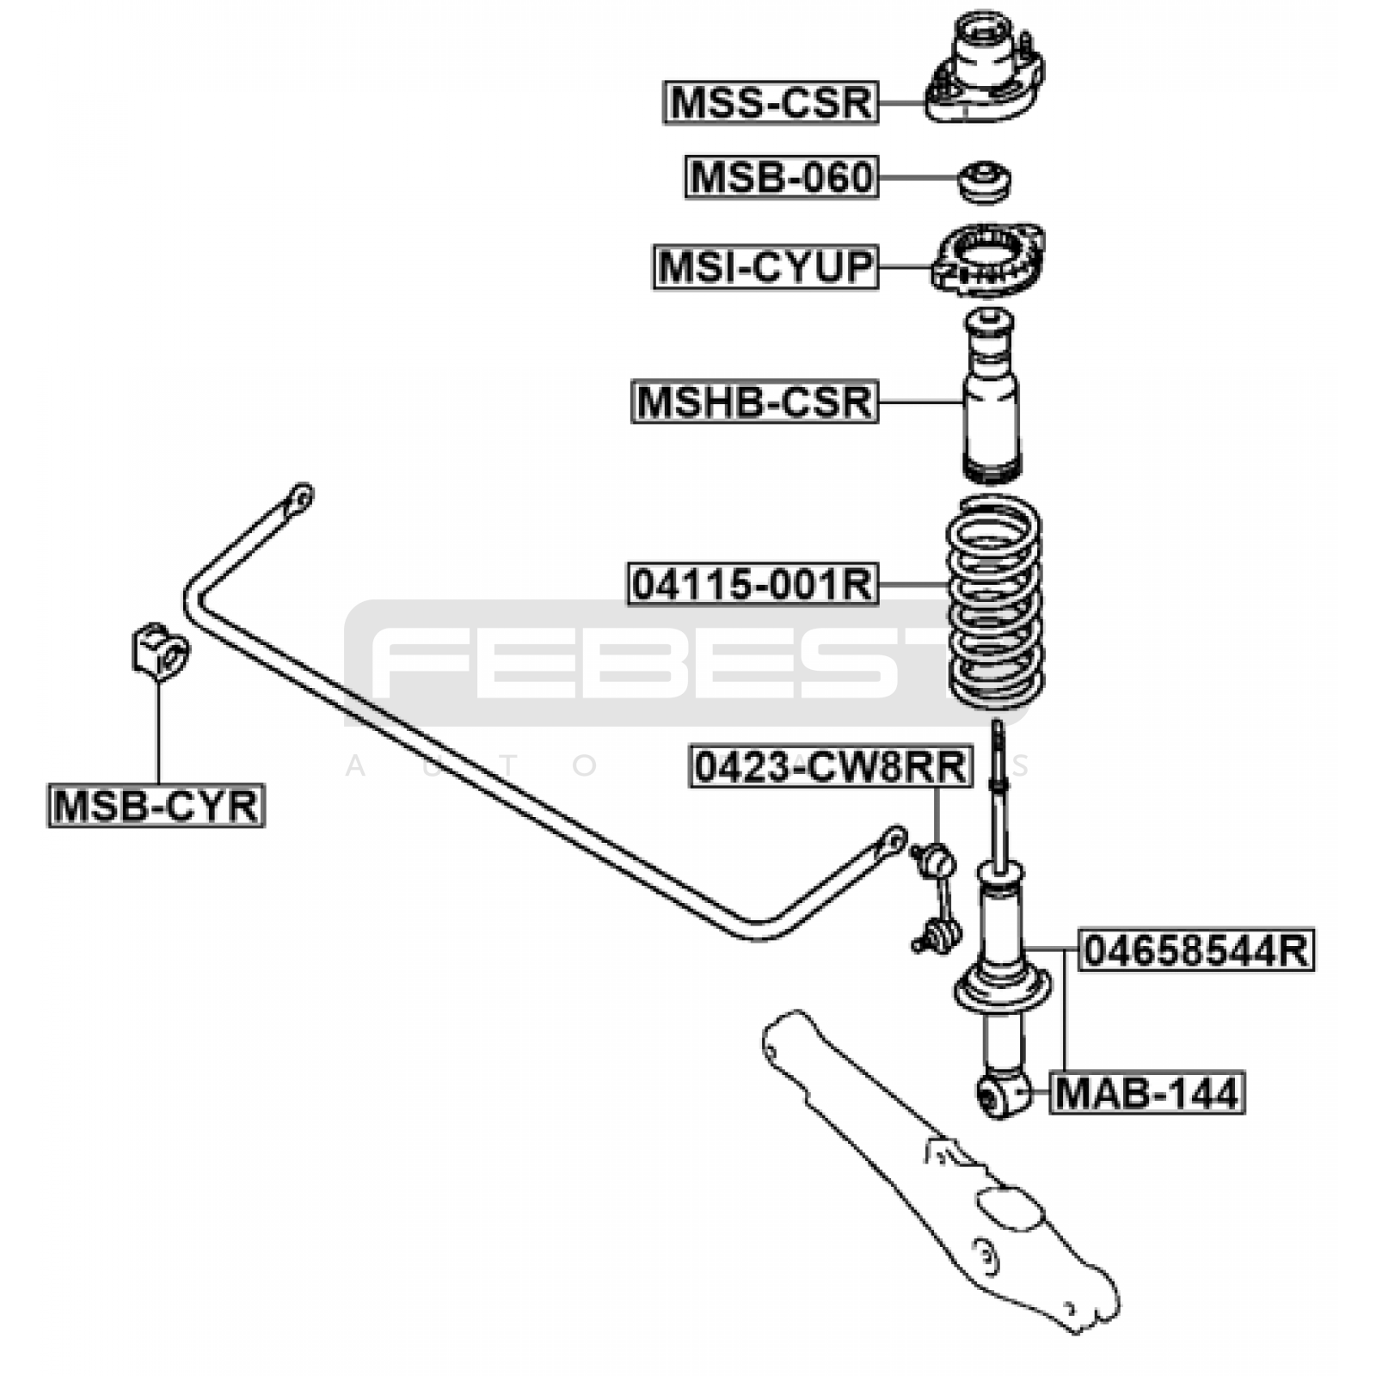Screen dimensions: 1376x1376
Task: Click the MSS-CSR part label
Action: [x=771, y=102]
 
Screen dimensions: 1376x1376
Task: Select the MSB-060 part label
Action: [x=781, y=177]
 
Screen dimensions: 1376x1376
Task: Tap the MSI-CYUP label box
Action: [x=765, y=267]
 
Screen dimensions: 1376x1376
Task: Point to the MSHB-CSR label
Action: [x=754, y=402]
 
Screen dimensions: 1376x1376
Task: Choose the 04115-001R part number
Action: [x=752, y=585]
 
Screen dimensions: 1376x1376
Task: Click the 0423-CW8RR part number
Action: [x=831, y=767]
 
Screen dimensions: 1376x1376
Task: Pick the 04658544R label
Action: [x=1196, y=950]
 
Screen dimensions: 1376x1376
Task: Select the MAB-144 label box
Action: [x=1146, y=1093]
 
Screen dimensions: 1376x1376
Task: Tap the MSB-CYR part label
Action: [x=156, y=806]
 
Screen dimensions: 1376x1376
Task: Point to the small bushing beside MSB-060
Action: [x=985, y=181]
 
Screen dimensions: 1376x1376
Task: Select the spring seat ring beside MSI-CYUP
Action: [x=987, y=261]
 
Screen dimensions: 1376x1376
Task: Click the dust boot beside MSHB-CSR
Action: [x=991, y=396]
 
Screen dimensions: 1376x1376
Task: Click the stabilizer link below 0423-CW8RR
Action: [x=937, y=899]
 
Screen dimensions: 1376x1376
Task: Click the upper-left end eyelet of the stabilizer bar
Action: [x=300, y=496]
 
